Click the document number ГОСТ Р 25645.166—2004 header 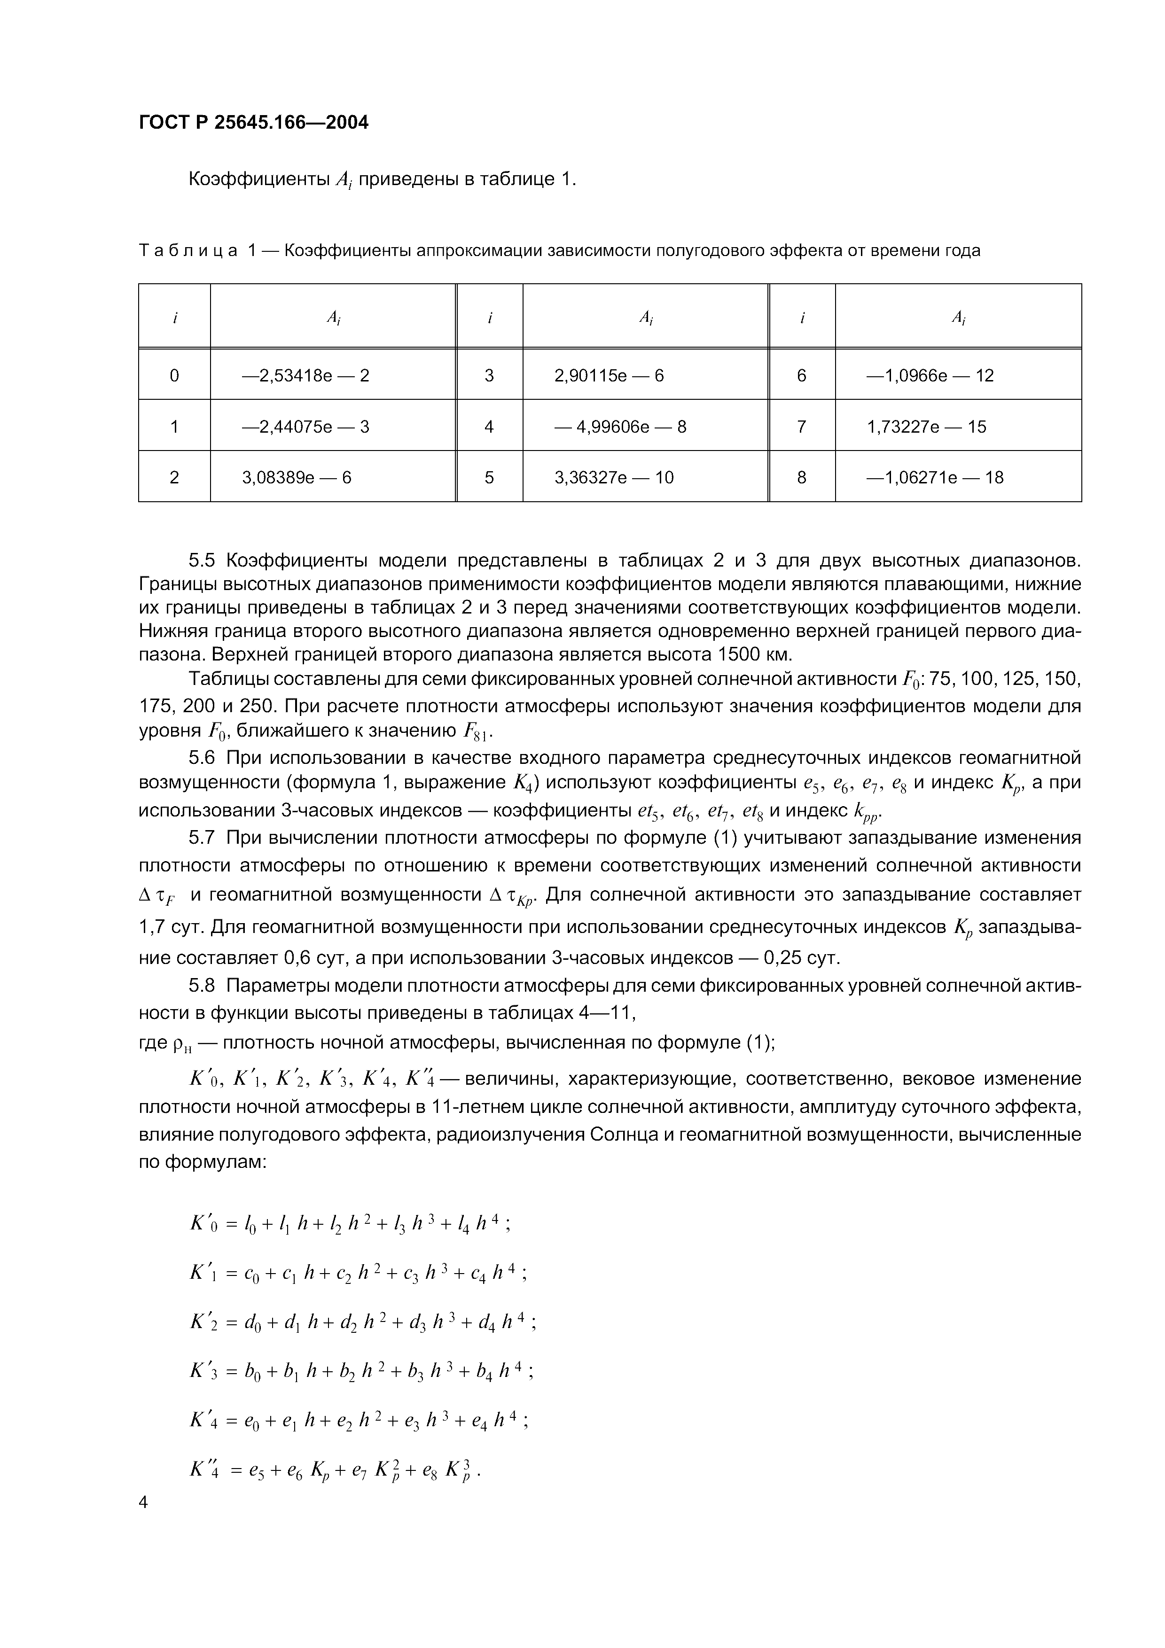pos(253,123)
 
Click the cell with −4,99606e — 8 pos(620,427)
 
